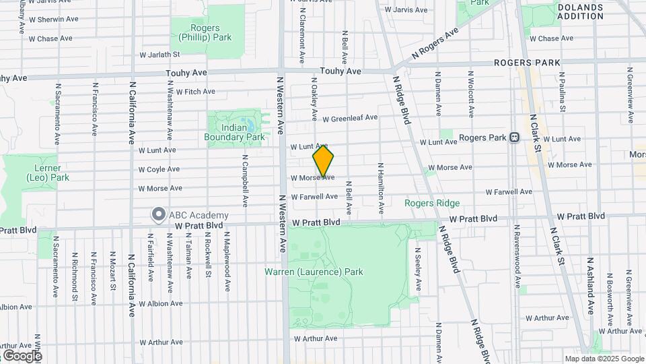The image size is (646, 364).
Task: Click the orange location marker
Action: (324, 160)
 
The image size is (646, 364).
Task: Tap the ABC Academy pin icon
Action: (159, 215)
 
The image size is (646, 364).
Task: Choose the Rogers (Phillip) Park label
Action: (201, 32)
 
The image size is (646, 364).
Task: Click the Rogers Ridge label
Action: (432, 203)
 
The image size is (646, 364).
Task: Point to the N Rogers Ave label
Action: (435, 42)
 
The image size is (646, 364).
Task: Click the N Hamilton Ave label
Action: (381, 188)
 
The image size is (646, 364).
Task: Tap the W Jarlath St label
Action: (159, 55)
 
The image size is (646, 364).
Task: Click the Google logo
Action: (22, 355)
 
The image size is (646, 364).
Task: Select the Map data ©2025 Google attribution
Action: (604, 359)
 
